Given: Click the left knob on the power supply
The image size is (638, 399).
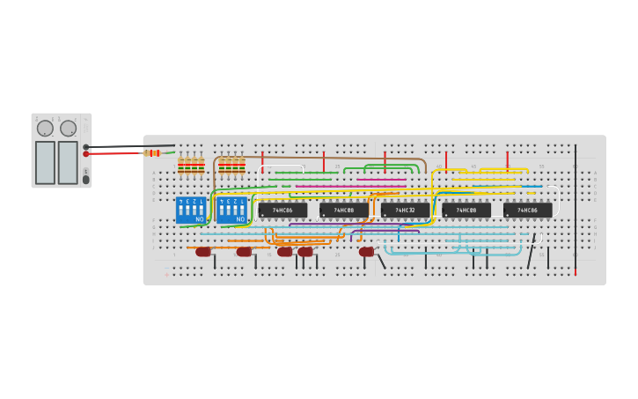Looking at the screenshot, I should pos(45,129).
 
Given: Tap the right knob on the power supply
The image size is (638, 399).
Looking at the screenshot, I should pos(68,129).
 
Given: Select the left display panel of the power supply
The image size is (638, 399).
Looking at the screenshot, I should pos(45,162).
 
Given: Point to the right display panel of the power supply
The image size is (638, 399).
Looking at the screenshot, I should pos(68,162).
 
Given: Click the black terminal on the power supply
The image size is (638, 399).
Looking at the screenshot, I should pos(86,147).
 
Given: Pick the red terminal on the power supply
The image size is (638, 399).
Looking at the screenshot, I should pos(86,154).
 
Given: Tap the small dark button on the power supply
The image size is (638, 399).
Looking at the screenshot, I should pos(86,179).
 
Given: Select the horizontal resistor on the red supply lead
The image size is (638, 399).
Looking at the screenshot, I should pos(153,152).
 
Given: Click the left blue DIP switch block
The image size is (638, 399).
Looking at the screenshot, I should pos(191,210).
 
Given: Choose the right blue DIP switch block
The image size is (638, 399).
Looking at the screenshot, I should pos(231,210).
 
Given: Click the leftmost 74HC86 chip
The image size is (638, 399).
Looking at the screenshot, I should pos(282,211).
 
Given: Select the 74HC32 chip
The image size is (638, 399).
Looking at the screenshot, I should pos(405,211).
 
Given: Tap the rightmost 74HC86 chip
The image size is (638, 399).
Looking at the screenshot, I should pos(527,211).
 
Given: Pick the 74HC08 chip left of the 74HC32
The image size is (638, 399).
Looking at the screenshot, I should pos(343,211).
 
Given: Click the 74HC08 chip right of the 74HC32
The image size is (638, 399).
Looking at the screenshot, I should pos(466,211).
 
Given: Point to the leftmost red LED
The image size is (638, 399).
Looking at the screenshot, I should pos(203,252).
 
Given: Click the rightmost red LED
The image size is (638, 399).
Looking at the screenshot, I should pos(366,252).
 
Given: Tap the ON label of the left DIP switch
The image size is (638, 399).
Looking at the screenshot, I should pos(200,218).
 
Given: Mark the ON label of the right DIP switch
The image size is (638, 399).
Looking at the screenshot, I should pos(240,218).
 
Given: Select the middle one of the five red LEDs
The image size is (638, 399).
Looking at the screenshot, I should pos(284,252).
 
